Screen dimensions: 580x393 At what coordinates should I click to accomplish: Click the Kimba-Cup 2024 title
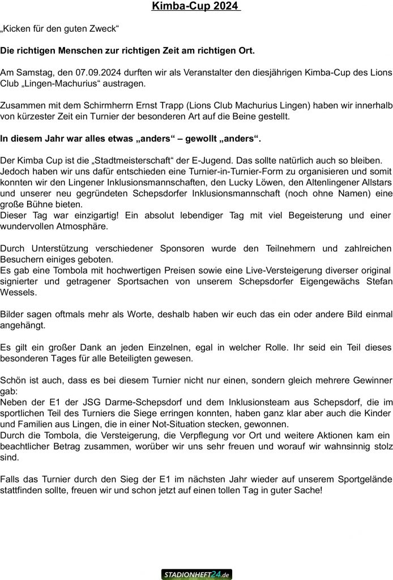[x=196, y=7]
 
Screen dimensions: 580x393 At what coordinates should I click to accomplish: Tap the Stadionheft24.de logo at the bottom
[x=197, y=574]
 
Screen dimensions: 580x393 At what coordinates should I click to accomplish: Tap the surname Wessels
[x=19, y=293]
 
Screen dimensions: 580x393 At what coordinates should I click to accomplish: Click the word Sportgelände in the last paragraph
[x=363, y=480]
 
